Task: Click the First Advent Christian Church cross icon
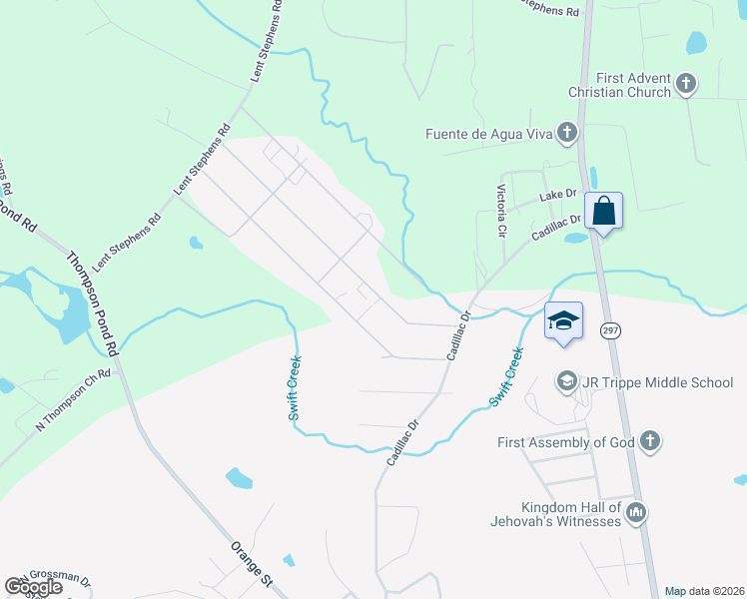tap(686, 84)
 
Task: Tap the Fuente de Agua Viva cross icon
tap(567, 132)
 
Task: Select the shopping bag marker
tap(603, 212)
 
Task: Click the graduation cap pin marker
tap(563, 321)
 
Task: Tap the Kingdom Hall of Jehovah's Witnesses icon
tap(636, 513)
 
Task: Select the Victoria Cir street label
tap(501, 210)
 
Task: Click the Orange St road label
tap(252, 566)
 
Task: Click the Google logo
tap(34, 587)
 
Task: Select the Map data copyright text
tap(704, 591)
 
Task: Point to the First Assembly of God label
tap(565, 442)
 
